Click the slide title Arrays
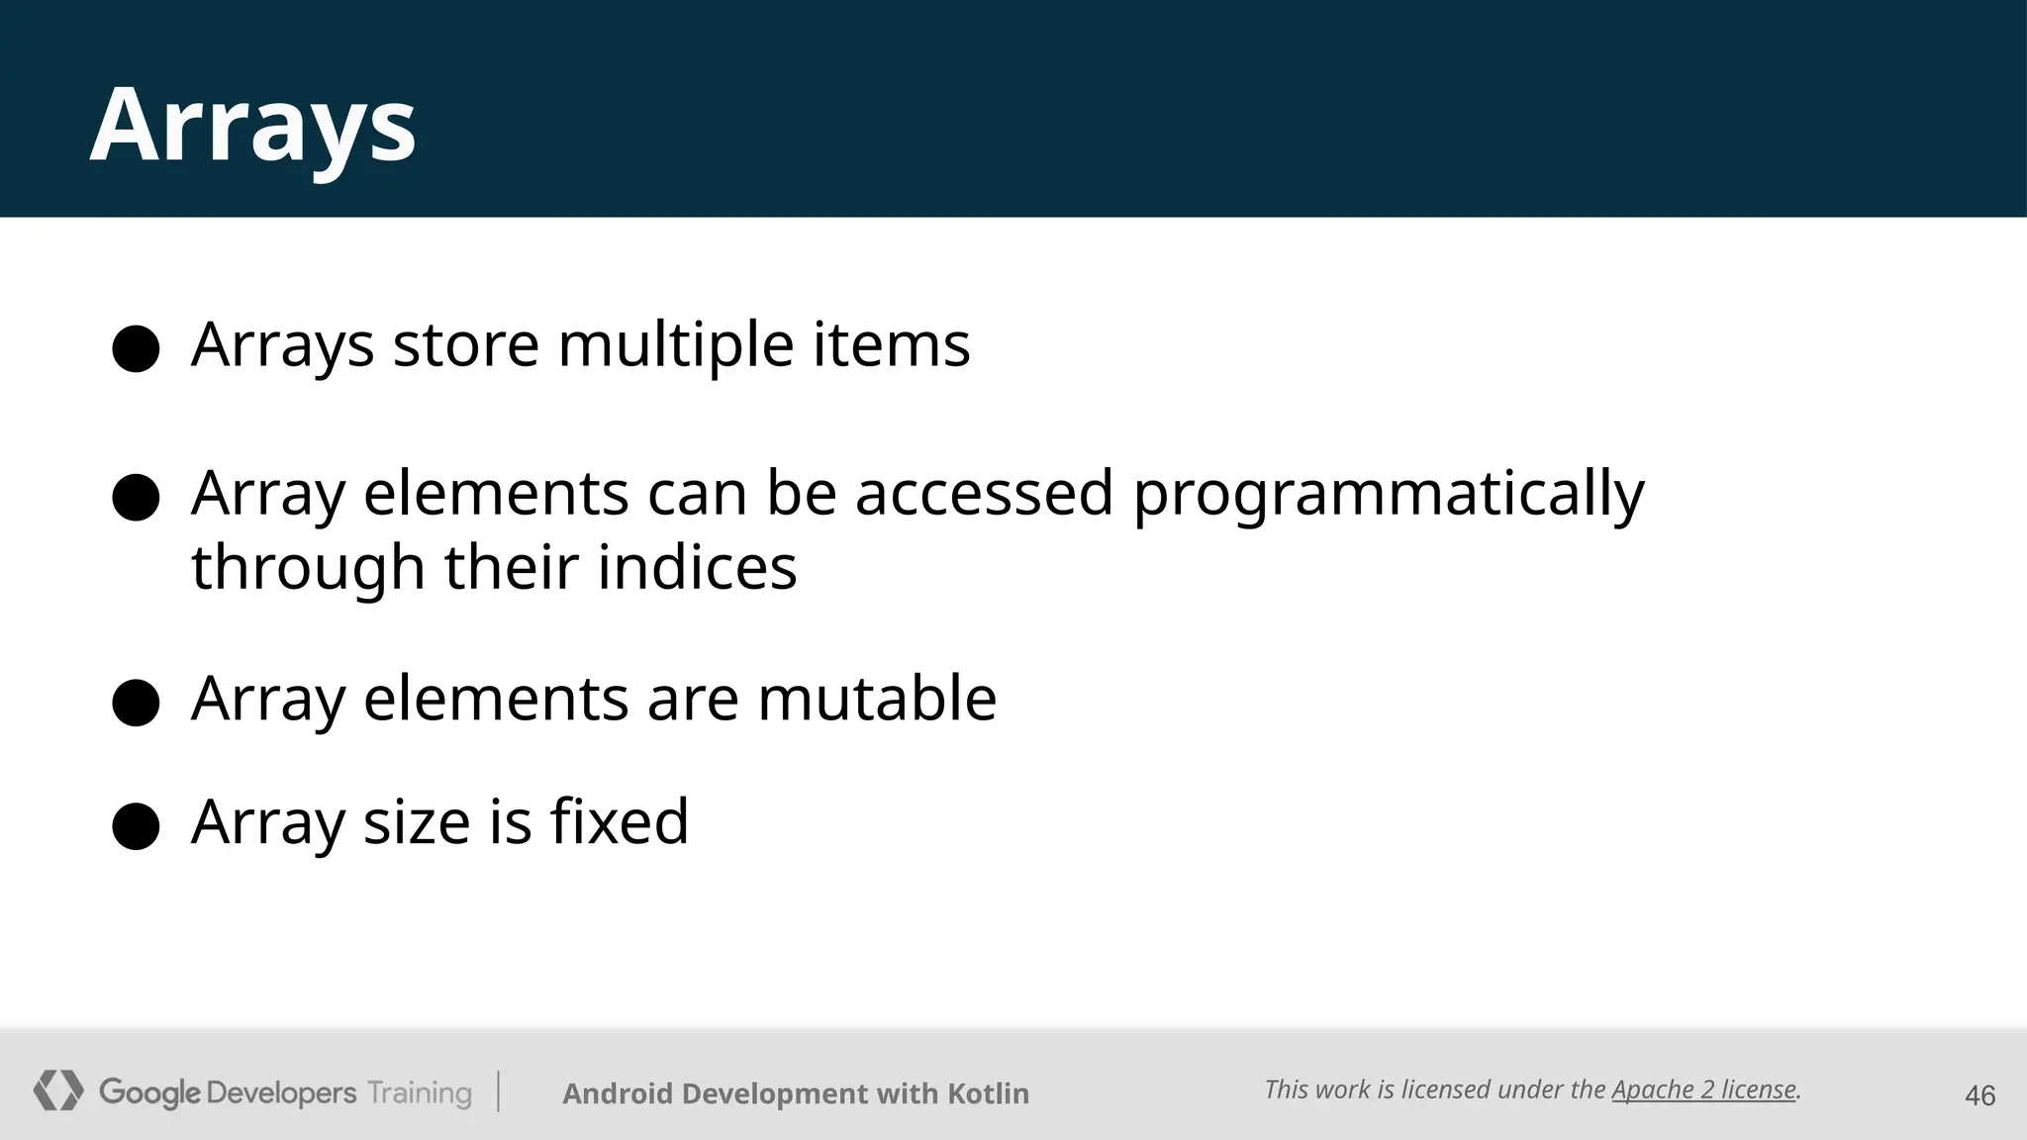pos(253,126)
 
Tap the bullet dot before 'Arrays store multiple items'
pos(137,348)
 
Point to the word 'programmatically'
pos(1388,495)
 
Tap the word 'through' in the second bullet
pos(308,569)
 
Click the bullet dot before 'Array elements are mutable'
pos(137,703)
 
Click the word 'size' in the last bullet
pos(417,822)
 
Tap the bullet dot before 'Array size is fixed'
pos(137,826)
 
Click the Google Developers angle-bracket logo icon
pos(58,1091)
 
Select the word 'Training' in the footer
pos(420,1093)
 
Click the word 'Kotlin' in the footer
pos(988,1093)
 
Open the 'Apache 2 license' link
pos(1703,1090)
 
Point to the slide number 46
pos(1979,1095)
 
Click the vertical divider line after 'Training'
pos(498,1092)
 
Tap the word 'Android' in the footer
pos(618,1093)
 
